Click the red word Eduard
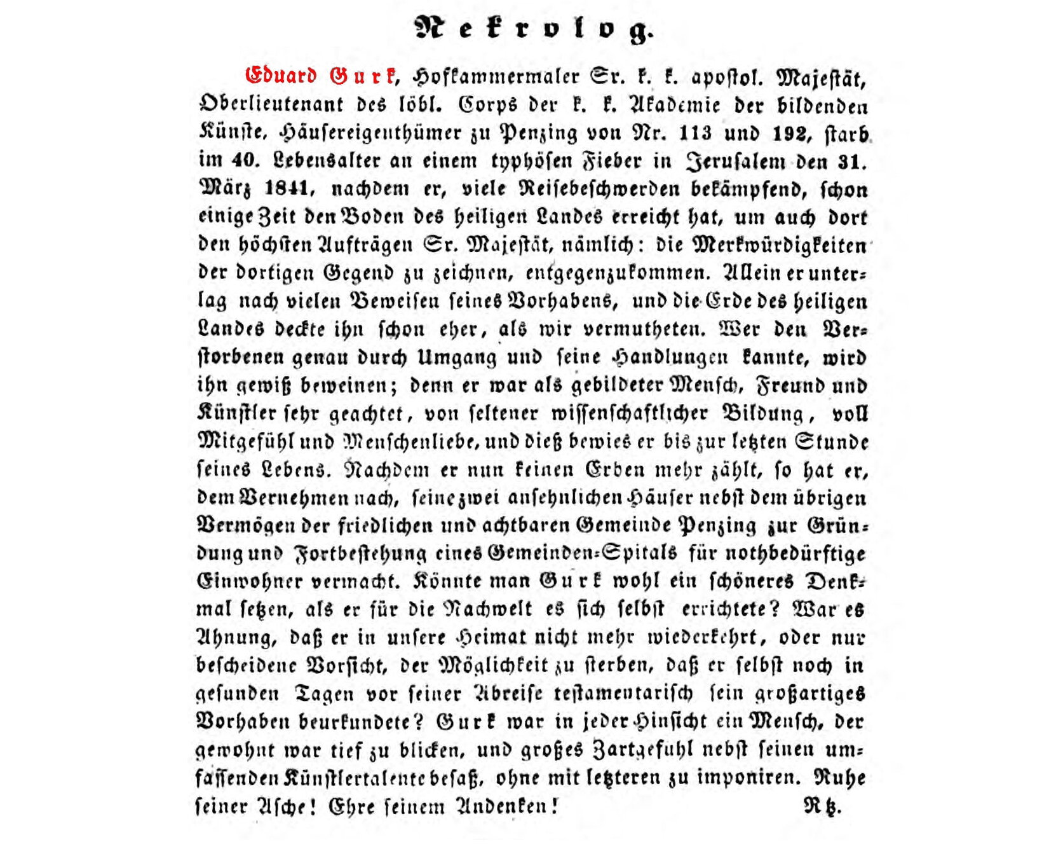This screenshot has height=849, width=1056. [281, 76]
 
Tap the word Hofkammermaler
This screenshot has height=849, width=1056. [496, 78]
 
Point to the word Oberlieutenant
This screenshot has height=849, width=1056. [271, 105]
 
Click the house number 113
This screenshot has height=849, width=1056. [694, 134]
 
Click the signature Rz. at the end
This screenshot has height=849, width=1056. [822, 806]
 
